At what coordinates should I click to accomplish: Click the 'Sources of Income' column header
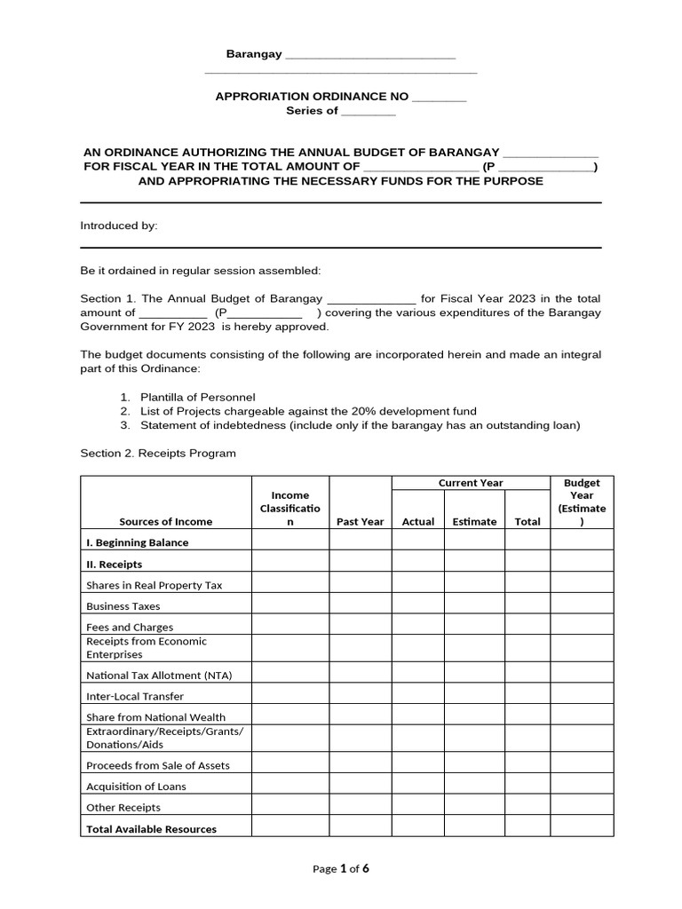coord(165,521)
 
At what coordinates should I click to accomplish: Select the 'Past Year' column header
coord(360,521)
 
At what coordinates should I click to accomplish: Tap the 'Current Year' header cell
coord(471,483)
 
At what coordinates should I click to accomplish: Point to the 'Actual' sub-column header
coord(418,521)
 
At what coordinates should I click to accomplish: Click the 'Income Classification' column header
coord(290,509)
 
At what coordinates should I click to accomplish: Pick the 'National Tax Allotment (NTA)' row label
coord(159,675)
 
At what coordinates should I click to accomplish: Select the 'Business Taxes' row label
coord(123,606)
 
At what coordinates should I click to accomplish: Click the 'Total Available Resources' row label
coord(151,829)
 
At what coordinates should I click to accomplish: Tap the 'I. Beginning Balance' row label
coord(137,542)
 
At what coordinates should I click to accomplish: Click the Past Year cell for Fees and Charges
coord(361,624)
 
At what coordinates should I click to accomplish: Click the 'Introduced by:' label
coord(119,225)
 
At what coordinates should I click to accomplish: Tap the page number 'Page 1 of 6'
coord(341,869)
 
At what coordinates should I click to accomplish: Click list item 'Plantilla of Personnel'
coord(197,397)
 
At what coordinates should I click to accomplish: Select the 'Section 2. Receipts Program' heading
coord(158,453)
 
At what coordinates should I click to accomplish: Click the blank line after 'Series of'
coord(369,111)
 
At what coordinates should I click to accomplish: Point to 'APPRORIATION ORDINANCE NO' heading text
coord(312,96)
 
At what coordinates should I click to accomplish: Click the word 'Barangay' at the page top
coord(253,54)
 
